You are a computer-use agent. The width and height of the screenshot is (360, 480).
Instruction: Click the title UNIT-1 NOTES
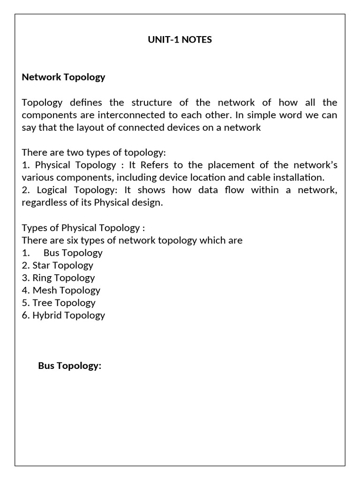(180, 40)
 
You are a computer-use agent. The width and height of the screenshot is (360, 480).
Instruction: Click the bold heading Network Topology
(63, 77)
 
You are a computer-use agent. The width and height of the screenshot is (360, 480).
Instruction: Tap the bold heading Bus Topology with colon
(69, 366)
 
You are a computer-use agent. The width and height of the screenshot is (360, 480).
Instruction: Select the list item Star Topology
(58, 265)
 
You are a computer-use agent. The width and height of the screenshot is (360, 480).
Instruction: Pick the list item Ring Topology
(58, 278)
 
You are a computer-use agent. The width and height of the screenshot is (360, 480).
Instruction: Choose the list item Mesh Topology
(61, 290)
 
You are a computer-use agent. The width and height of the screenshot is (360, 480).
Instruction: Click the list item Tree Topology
(59, 303)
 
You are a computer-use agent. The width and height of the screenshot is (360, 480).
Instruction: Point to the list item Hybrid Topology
(63, 315)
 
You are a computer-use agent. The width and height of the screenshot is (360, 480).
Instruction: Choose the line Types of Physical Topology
(83, 228)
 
